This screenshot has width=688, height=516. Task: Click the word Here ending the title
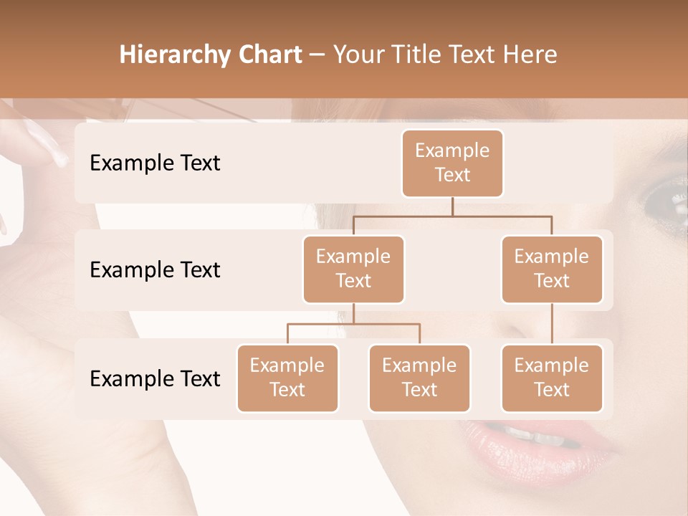(x=530, y=55)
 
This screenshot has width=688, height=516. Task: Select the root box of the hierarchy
(x=452, y=163)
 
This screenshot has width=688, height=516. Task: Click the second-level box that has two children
(x=353, y=269)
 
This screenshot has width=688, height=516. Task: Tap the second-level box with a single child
(x=552, y=269)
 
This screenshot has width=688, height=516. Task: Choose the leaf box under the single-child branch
(x=552, y=378)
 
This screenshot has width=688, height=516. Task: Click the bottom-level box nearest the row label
(x=287, y=378)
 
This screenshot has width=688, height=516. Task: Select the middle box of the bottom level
(x=419, y=378)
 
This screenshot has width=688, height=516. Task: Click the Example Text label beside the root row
(x=155, y=163)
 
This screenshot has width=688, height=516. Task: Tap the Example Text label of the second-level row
(x=155, y=269)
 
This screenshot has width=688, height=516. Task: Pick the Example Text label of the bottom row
(x=155, y=378)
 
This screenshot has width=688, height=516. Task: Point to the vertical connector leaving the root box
(x=452, y=206)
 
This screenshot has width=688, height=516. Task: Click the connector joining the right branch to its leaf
(x=552, y=324)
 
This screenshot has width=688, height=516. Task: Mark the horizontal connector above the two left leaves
(x=353, y=324)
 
